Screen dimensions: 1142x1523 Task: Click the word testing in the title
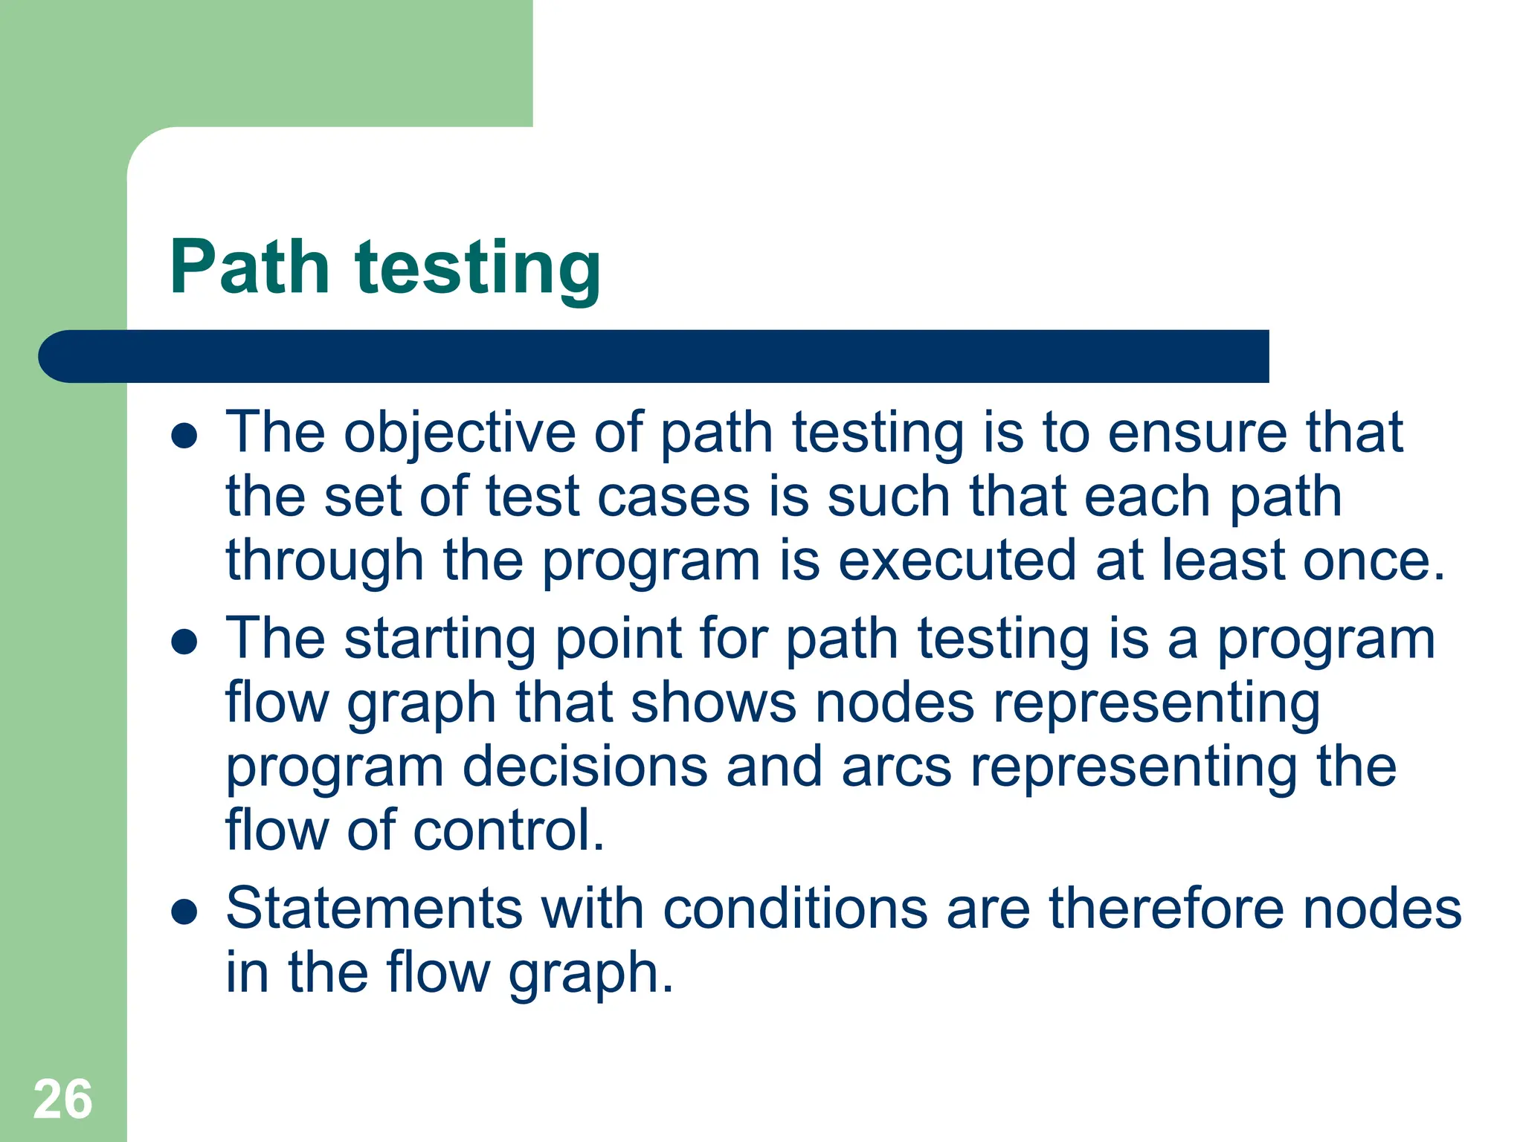coord(478,269)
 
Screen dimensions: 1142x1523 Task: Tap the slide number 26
coord(62,1099)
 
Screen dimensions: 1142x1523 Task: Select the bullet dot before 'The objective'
coord(184,436)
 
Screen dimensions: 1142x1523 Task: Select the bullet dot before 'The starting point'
coord(184,642)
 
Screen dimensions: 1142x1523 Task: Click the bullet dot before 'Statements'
coord(184,912)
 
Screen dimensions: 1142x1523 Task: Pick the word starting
coord(439,639)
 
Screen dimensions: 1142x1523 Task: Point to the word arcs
coord(896,767)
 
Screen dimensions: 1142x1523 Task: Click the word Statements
coord(374,909)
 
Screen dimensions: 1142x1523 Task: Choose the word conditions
coord(795,909)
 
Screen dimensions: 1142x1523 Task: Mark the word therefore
coord(1166,909)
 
